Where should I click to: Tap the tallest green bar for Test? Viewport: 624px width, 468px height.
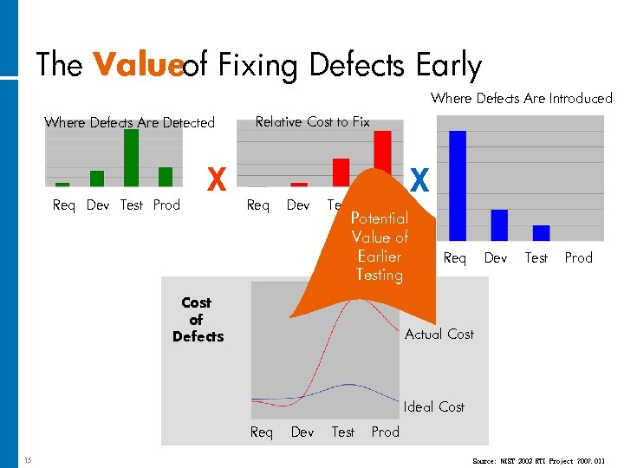coord(131,158)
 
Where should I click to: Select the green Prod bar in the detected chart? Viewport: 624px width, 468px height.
coord(165,177)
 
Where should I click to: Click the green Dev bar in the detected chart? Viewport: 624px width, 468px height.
coord(97,179)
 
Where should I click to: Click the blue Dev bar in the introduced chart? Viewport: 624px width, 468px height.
coord(499,224)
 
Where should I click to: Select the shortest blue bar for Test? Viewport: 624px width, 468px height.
coord(541,232)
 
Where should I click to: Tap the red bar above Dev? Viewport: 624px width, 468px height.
coord(299,184)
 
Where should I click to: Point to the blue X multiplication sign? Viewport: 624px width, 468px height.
coord(419,180)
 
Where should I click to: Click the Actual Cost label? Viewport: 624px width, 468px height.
coord(439,334)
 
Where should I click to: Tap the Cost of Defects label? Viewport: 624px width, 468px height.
coord(197,319)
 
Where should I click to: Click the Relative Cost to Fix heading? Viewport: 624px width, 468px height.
coord(312,122)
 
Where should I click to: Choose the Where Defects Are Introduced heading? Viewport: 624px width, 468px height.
coord(521,99)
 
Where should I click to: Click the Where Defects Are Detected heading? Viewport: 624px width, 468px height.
coord(129,122)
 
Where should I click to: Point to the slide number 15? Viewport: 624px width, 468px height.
coord(29,459)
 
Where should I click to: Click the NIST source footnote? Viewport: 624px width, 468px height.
coord(539,460)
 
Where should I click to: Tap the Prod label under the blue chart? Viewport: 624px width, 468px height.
coord(578,257)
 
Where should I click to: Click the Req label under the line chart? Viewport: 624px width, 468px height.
coord(261,432)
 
